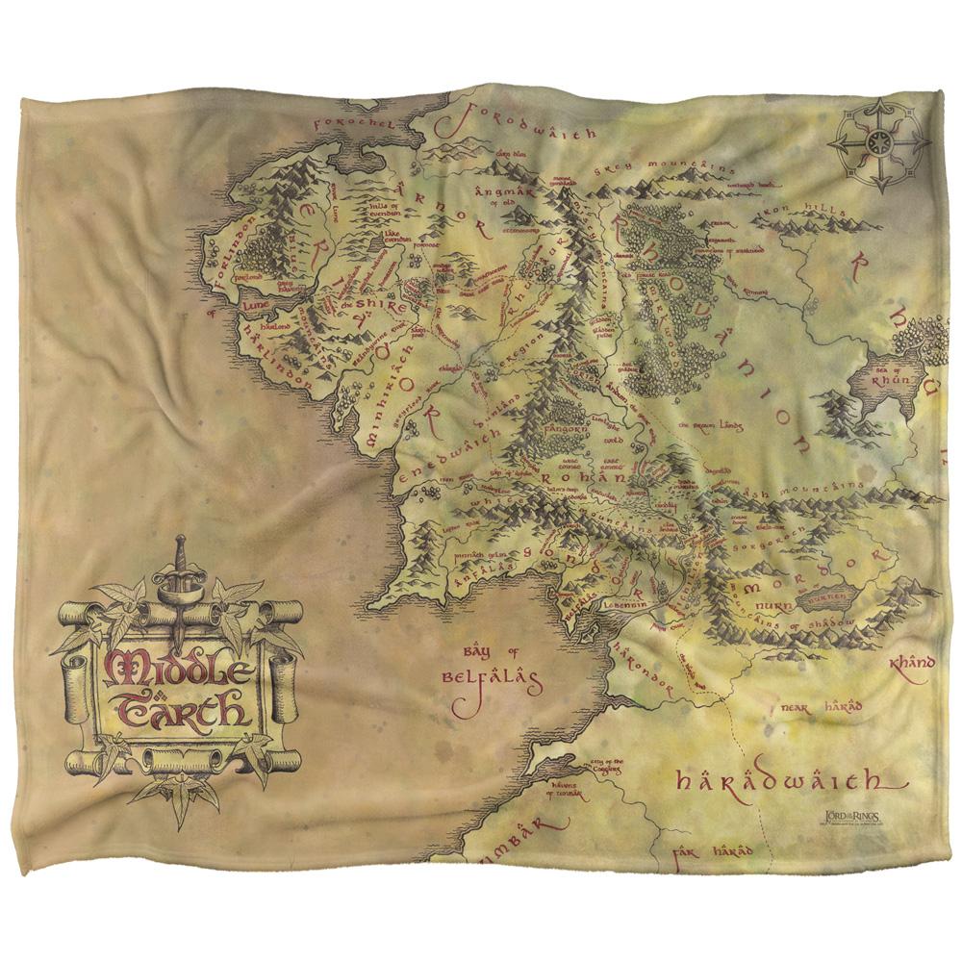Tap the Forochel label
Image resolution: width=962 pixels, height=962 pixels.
342,123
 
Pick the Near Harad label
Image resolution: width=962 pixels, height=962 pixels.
822,707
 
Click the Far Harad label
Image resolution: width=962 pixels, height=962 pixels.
712,851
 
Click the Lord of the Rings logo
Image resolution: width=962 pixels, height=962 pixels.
848,817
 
